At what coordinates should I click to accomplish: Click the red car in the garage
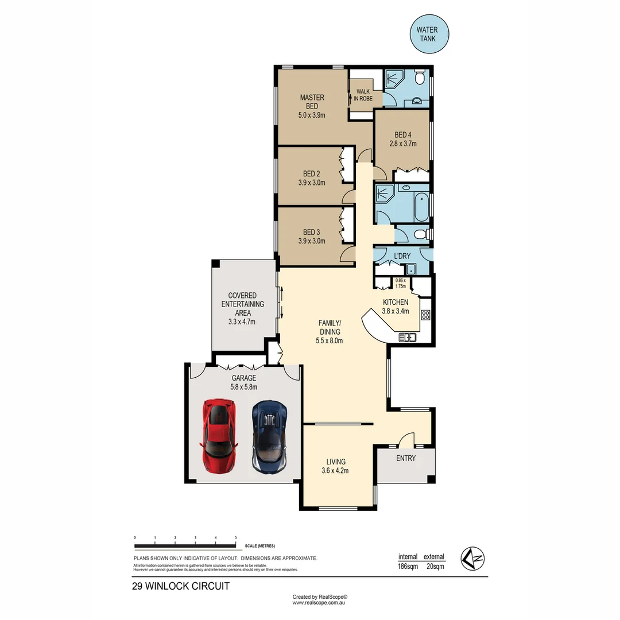[218, 435]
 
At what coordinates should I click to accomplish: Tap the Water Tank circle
[429, 34]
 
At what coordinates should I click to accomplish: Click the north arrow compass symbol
[473, 557]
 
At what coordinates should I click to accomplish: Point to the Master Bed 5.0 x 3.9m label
[312, 106]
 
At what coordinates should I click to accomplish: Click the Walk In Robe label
[364, 95]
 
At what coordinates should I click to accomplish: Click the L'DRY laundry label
[401, 255]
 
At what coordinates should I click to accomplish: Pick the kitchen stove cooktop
[426, 315]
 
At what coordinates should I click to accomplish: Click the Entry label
[405, 458]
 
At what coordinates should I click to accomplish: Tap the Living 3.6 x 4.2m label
[336, 466]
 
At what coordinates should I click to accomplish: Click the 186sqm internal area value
[408, 567]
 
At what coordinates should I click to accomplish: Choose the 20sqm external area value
[434, 567]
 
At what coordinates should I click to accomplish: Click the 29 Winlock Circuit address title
[181, 586]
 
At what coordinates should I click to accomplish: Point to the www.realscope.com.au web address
[321, 603]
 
